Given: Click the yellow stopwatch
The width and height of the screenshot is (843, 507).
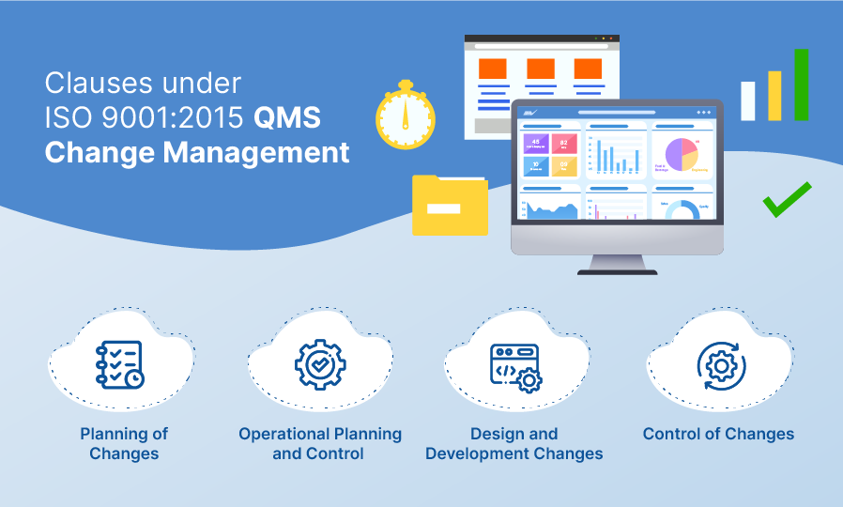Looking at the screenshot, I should (x=406, y=118).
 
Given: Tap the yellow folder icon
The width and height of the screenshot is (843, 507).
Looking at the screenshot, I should (x=450, y=206).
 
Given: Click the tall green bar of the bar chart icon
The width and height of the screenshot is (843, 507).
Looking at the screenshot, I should (x=801, y=85).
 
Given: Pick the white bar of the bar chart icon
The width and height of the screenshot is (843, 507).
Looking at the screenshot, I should (x=748, y=100).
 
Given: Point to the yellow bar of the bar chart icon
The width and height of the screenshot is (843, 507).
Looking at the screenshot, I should (x=774, y=96).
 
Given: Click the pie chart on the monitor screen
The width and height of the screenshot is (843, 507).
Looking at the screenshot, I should (x=682, y=154).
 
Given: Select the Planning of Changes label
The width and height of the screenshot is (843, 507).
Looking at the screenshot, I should (x=124, y=443).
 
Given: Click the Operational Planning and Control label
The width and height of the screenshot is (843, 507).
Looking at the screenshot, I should (x=320, y=443).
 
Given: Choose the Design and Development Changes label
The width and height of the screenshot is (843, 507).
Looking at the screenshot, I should (x=513, y=443).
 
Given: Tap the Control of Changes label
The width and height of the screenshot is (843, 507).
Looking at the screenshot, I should (x=718, y=434).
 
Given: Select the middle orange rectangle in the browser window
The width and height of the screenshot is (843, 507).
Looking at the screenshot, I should (x=540, y=69).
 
